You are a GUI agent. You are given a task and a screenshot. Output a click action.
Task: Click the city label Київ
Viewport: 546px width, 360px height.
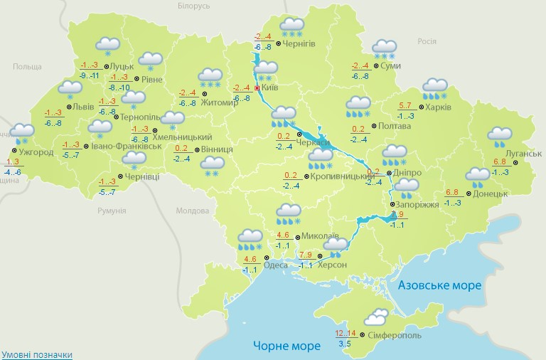[270, 88]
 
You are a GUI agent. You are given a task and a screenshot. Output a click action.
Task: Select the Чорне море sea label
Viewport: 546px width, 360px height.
[284, 346]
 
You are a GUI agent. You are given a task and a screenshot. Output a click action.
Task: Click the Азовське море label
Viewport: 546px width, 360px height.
[439, 285]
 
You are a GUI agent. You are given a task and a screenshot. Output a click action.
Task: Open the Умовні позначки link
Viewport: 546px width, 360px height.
[36, 354]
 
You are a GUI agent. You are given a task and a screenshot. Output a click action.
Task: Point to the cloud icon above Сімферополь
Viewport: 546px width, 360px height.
[374, 316]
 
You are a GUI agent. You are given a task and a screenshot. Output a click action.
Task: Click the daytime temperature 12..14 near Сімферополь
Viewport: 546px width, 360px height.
[346, 333]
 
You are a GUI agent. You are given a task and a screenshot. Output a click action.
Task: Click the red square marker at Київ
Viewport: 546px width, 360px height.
[257, 88]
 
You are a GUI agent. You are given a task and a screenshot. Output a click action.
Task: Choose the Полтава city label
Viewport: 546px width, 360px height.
[395, 126]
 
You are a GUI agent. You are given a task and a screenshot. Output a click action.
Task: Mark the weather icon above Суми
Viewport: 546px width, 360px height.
[385, 49]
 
